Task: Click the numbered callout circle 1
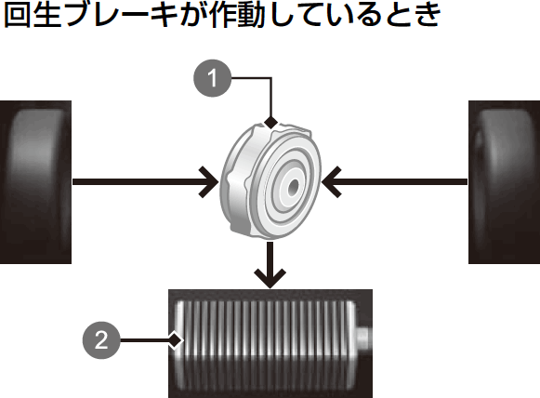click(x=213, y=78)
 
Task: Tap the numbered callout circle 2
click(x=101, y=340)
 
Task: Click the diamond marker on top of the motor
click(x=271, y=122)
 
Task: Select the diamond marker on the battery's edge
click(x=176, y=340)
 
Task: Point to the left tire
click(x=35, y=182)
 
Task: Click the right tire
click(x=504, y=182)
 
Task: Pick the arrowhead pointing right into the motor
click(x=209, y=182)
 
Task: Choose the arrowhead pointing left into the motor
click(x=331, y=182)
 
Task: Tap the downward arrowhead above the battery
click(x=270, y=278)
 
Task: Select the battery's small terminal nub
click(x=363, y=337)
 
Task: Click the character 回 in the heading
click(x=17, y=15)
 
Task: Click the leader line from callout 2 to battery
click(x=145, y=340)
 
